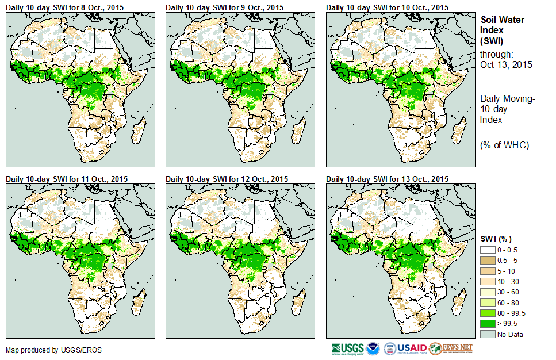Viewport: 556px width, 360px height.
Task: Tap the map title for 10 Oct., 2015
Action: pyautogui.click(x=388, y=7)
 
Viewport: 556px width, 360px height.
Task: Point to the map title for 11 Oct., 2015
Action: pyautogui.click(x=67, y=179)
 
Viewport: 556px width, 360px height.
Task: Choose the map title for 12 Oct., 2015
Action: pyautogui.click(x=227, y=179)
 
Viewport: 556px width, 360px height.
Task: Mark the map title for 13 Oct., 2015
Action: pyautogui.click(x=388, y=179)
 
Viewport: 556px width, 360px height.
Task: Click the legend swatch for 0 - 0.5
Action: pyautogui.click(x=488, y=250)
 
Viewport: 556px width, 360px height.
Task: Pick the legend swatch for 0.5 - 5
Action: pyautogui.click(x=488, y=261)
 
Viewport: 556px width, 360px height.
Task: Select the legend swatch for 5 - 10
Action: pyautogui.click(x=488, y=271)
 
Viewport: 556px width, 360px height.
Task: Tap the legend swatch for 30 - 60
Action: pyautogui.click(x=488, y=292)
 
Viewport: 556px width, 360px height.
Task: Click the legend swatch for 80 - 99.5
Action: pyautogui.click(x=488, y=313)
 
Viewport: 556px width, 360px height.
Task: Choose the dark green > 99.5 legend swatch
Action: pyautogui.click(x=488, y=323)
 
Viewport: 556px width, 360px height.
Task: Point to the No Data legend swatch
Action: pyautogui.click(x=488, y=334)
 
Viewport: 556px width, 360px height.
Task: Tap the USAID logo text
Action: pyautogui.click(x=413, y=348)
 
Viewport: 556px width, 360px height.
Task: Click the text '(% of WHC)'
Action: pyautogui.click(x=504, y=145)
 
